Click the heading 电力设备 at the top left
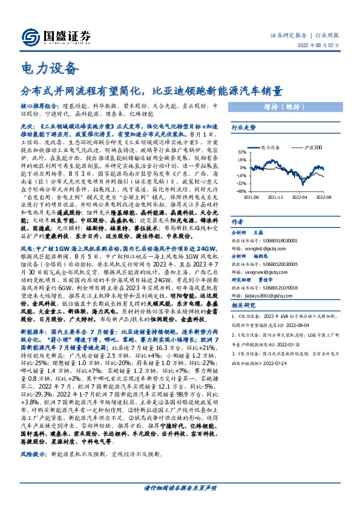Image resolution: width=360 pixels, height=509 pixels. tap(50, 66)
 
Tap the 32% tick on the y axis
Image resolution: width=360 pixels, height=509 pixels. tap(241, 153)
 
